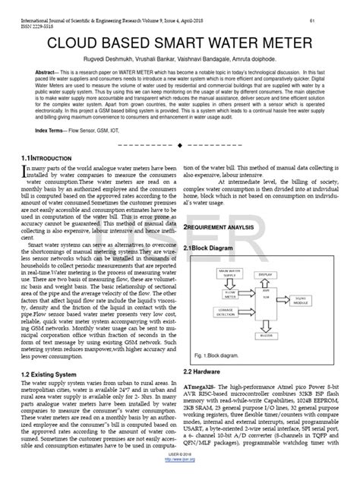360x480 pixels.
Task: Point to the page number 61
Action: (334, 6)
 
